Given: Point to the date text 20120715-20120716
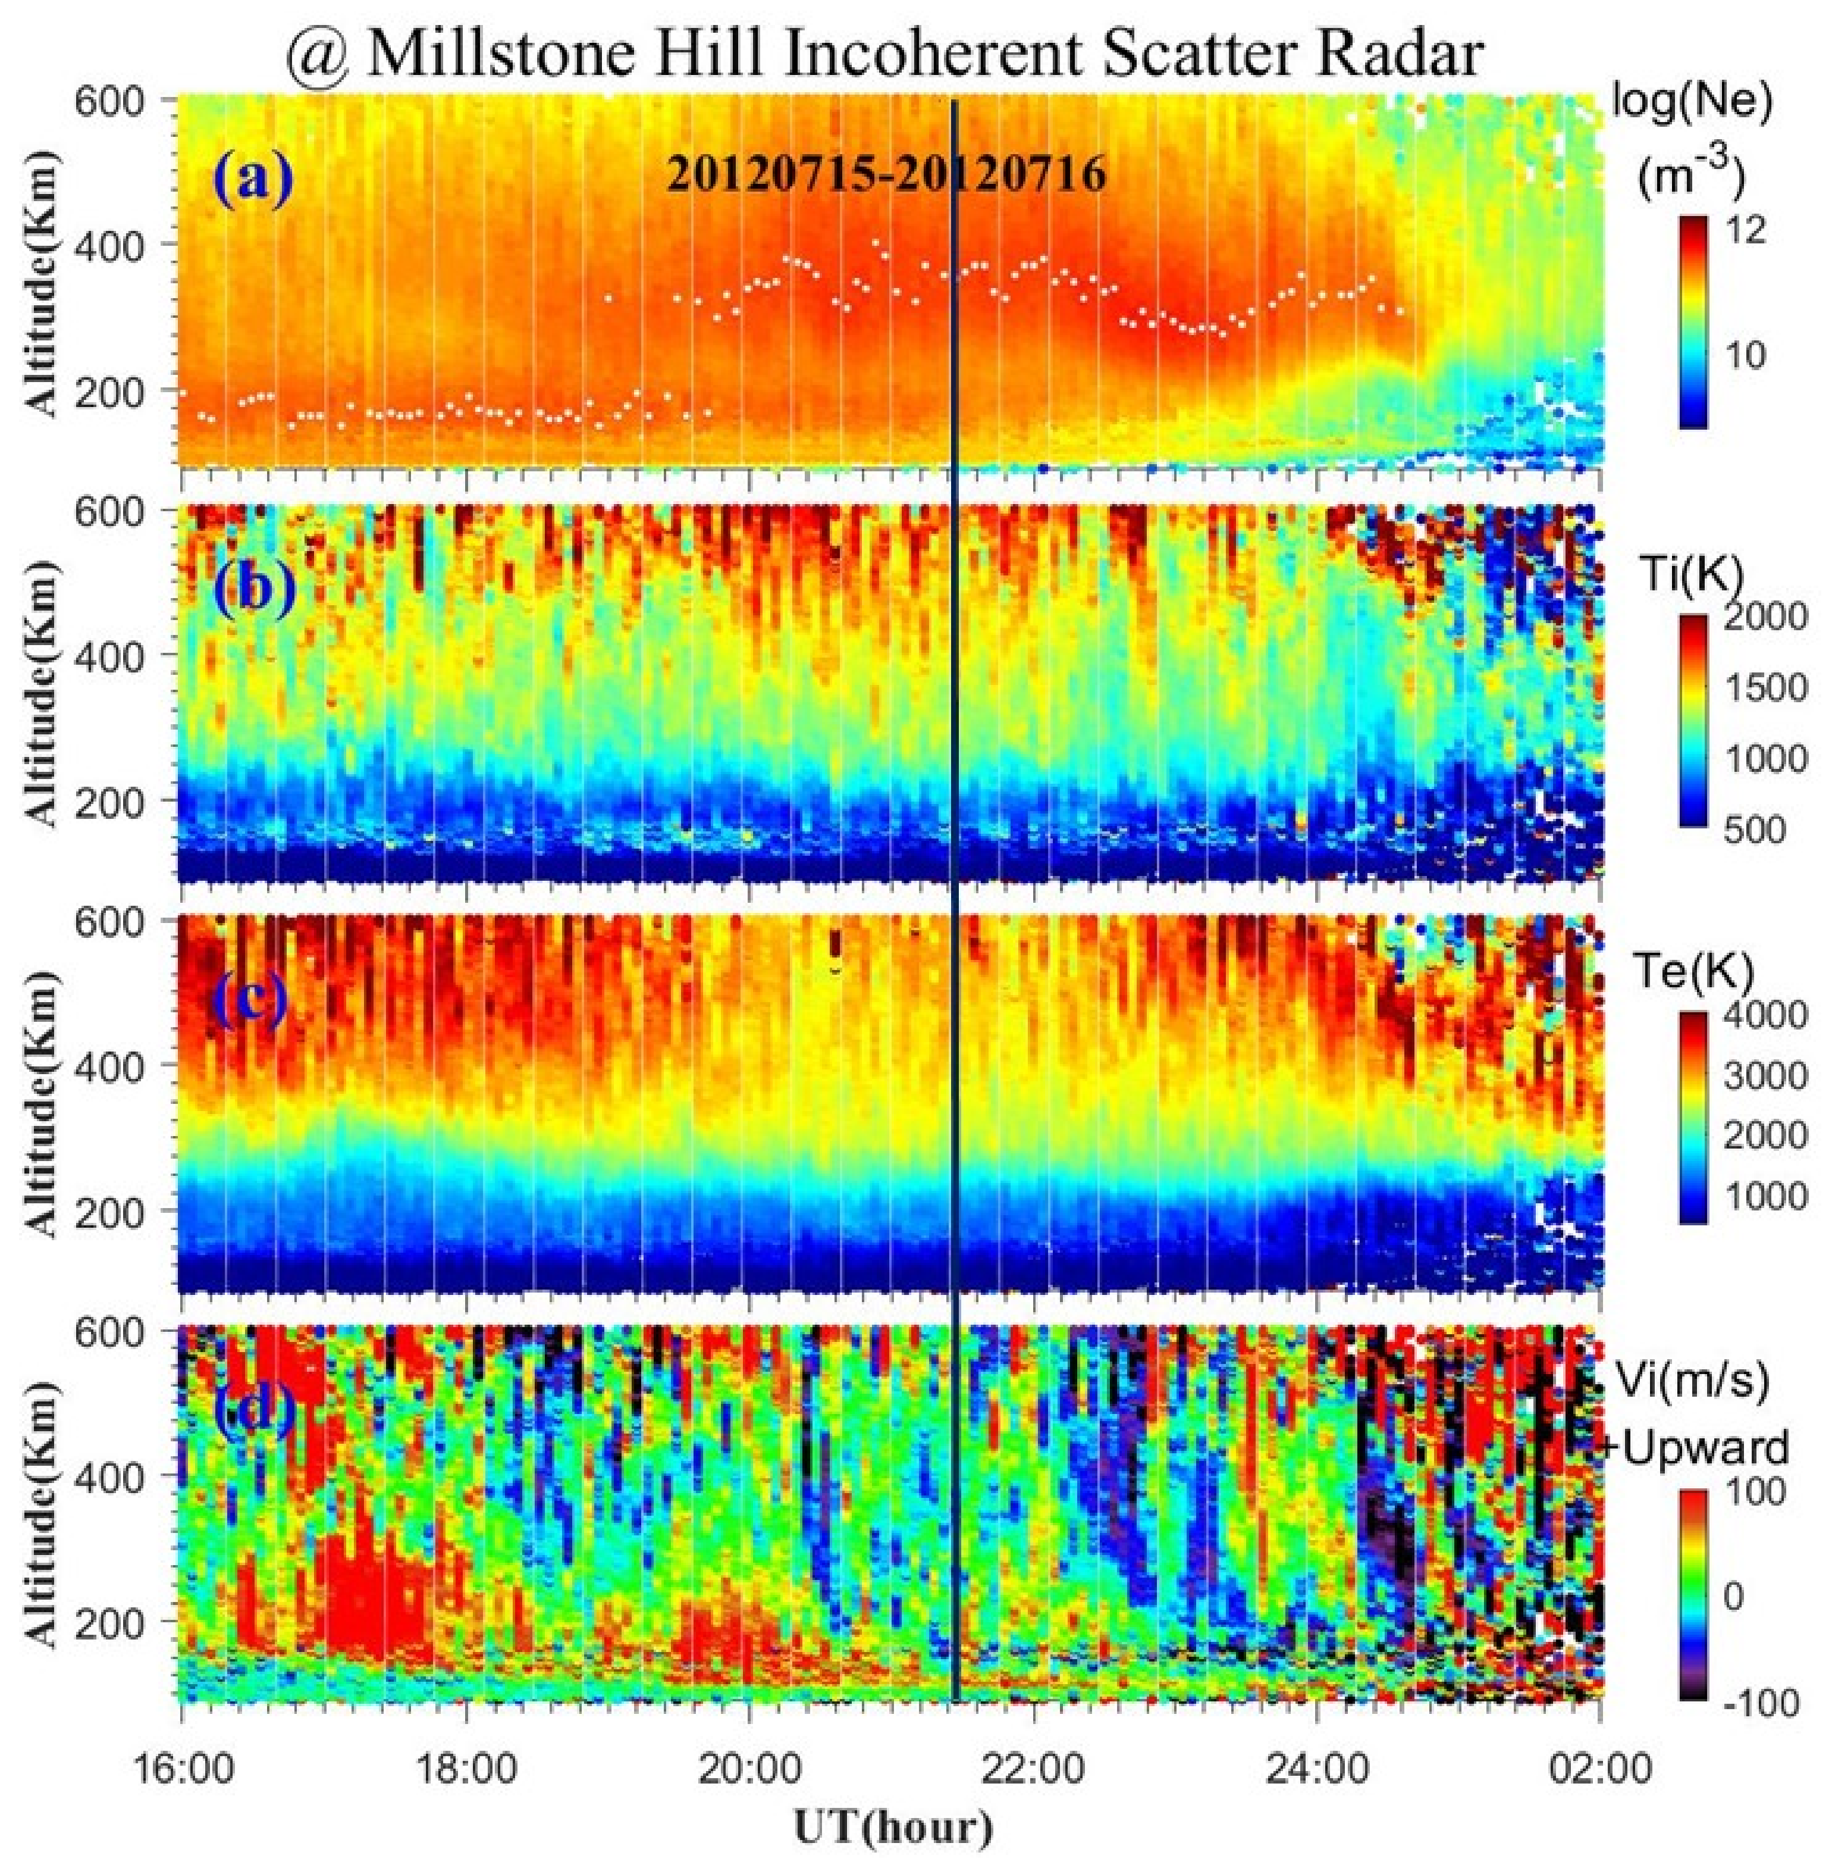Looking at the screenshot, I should [885, 176].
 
